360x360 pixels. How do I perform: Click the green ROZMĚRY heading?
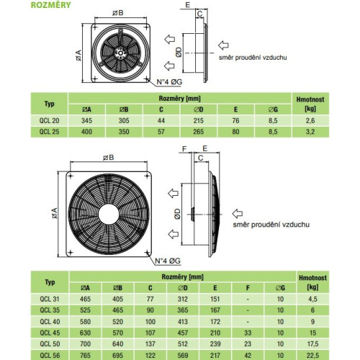click(x=51, y=5)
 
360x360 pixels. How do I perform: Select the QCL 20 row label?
click(x=49, y=120)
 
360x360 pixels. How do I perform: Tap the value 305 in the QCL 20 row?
click(x=124, y=120)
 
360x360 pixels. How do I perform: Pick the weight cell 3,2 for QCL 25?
click(x=310, y=132)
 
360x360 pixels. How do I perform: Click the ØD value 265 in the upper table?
click(x=199, y=132)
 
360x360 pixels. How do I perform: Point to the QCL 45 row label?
click(x=50, y=333)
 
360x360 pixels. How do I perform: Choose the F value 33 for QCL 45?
click(x=248, y=333)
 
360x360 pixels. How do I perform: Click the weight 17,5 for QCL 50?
click(x=312, y=344)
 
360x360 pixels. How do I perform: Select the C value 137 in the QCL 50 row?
click(x=150, y=344)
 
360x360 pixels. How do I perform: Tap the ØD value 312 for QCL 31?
click(x=183, y=299)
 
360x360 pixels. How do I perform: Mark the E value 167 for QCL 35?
click(x=215, y=310)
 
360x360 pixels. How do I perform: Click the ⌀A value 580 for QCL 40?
click(x=85, y=322)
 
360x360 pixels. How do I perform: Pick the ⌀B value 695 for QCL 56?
click(x=117, y=355)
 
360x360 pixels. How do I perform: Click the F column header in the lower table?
click(x=248, y=288)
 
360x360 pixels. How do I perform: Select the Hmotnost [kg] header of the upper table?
click(x=310, y=104)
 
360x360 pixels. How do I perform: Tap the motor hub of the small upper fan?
click(x=120, y=53)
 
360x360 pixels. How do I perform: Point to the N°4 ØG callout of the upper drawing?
click(x=169, y=82)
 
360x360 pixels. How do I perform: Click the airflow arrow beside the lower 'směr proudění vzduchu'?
click(x=238, y=213)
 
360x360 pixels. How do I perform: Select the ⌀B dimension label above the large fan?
click(x=109, y=158)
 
